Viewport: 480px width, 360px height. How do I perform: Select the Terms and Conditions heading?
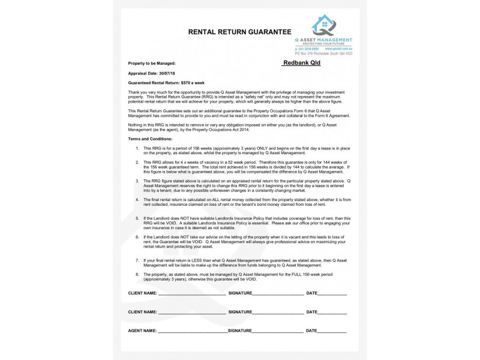pyautogui.click(x=150, y=139)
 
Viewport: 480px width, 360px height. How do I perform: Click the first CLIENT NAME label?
pyautogui.click(x=143, y=293)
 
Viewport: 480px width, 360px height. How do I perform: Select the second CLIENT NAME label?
pyautogui.click(x=143, y=313)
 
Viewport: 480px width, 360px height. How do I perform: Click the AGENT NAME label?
pyautogui.click(x=143, y=331)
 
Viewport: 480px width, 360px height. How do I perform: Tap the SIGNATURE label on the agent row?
pyautogui.click(x=239, y=331)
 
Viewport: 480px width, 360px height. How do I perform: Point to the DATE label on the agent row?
pyautogui.click(x=312, y=331)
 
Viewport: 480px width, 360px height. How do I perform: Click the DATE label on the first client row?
pyautogui.click(x=312, y=293)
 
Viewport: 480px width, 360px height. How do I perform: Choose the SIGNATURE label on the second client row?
pyautogui.click(x=239, y=313)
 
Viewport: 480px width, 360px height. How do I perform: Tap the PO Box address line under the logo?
pyautogui.click(x=328, y=53)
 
